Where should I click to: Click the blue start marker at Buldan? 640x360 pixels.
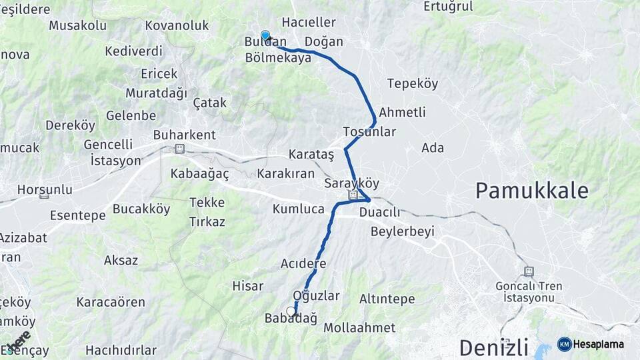coord(265,35)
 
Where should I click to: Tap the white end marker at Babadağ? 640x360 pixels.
coord(291,311)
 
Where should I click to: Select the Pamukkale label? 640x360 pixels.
coord(531,191)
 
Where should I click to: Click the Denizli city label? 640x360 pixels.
coord(493,347)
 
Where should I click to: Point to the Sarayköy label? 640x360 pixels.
coord(351,183)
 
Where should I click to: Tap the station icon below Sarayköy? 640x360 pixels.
coord(353,195)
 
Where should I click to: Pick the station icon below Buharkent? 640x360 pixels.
coord(179,148)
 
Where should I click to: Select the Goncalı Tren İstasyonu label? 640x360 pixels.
coord(529,291)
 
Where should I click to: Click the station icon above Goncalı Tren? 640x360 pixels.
coord(529,272)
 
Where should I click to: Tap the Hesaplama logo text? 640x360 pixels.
coord(598,344)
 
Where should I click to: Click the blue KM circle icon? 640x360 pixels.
coord(564,344)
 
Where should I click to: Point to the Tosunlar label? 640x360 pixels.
coord(369,132)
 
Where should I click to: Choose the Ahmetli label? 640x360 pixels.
coord(402,112)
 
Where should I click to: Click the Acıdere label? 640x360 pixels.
coord(303,263)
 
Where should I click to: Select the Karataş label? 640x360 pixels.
coord(311,154)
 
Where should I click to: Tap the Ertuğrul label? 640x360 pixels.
coord(448,7)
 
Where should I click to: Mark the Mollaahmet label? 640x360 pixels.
coord(359,328)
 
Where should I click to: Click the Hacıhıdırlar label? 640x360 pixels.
coord(121,350)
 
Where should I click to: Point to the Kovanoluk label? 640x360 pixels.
coord(177,26)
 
